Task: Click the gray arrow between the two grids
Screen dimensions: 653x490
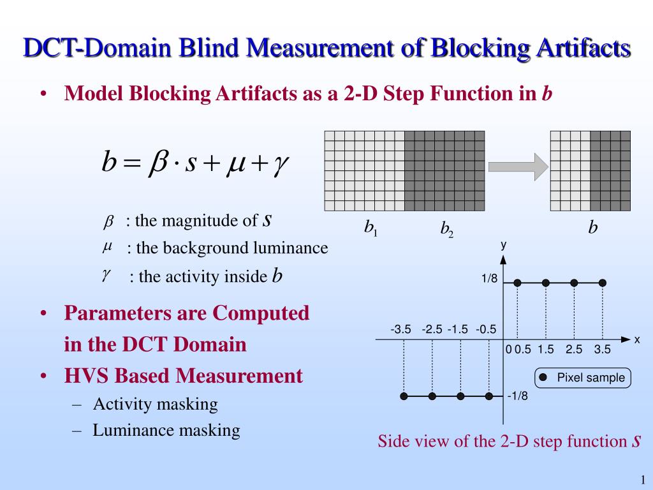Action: tap(518, 167)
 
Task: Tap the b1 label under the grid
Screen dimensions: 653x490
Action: tap(371, 228)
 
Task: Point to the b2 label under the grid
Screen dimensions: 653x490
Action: tap(447, 229)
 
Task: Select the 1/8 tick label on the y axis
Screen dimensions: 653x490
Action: tap(489, 278)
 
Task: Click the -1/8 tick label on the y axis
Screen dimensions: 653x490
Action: tap(517, 396)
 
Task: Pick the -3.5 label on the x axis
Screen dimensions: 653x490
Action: tap(400, 330)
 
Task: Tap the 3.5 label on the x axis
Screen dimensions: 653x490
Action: tap(602, 349)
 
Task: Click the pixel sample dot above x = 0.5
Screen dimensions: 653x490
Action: tap(517, 283)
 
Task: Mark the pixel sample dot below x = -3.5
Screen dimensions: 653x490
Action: tap(404, 396)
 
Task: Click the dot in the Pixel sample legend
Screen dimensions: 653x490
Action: tap(543, 378)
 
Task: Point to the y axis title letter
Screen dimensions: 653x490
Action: tap(504, 244)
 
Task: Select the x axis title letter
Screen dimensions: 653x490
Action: tap(637, 339)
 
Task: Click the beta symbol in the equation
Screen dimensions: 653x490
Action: tap(158, 162)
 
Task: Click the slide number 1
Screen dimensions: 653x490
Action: tap(643, 480)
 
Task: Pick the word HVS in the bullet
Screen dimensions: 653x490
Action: tap(86, 375)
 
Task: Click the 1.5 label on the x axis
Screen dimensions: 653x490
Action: tap(546, 349)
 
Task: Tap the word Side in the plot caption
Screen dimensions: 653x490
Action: tap(392, 441)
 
